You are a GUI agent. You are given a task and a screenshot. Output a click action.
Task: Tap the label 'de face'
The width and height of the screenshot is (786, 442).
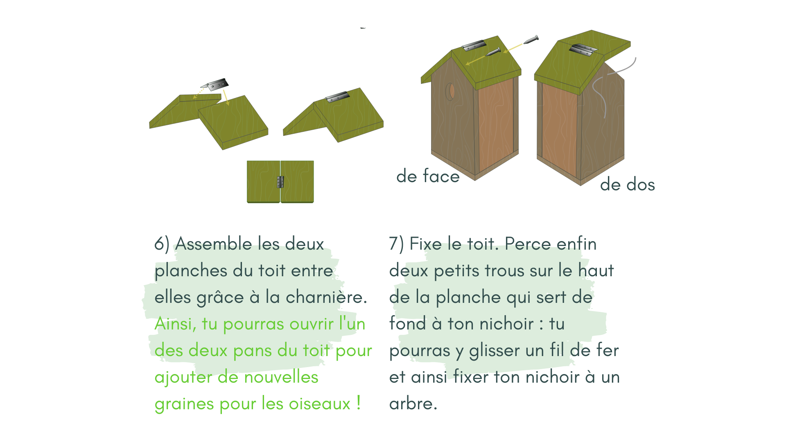click(x=428, y=176)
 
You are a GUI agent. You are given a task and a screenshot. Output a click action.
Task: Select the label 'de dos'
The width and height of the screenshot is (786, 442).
click(x=627, y=185)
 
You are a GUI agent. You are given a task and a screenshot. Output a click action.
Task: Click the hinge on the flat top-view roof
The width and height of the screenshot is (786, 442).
click(x=280, y=182)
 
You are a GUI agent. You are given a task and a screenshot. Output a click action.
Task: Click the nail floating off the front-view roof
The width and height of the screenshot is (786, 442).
click(x=531, y=40)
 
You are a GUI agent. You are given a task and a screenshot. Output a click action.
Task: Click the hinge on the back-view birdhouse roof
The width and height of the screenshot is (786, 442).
click(x=583, y=50)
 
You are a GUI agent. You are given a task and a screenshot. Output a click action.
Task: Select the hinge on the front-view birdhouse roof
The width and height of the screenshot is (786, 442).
click(x=474, y=45)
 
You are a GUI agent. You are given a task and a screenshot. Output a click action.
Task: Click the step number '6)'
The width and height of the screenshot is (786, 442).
click(x=162, y=244)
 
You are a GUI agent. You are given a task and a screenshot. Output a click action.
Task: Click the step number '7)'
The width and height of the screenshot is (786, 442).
click(x=396, y=244)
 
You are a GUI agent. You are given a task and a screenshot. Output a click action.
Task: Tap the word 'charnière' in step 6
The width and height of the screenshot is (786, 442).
click(x=326, y=297)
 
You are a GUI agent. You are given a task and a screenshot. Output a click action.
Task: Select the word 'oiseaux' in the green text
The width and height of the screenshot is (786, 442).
click(x=319, y=404)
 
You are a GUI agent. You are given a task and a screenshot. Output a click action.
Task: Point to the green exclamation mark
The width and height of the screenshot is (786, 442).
click(x=359, y=403)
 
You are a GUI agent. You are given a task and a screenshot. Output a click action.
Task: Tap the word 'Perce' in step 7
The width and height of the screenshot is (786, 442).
click(x=528, y=244)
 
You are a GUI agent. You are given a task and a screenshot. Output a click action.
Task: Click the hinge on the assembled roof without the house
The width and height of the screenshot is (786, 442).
click(x=337, y=97)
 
